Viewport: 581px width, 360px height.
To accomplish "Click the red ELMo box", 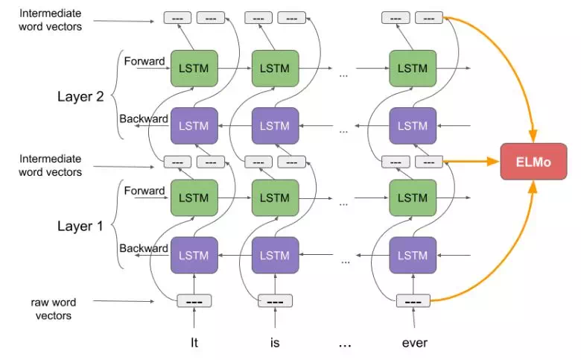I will pos(533,162).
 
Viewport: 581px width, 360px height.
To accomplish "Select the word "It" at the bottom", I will pos(194,343).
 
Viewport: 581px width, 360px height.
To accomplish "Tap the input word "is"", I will pos(275,343).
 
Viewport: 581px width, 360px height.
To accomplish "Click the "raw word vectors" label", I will pos(53,309).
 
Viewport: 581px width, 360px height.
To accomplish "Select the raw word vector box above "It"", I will pos(194,301).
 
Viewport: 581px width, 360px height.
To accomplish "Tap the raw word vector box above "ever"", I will pos(413,301).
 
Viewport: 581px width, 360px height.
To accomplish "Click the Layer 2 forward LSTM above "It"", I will pos(194,69).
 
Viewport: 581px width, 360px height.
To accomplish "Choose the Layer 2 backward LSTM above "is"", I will pos(275,126).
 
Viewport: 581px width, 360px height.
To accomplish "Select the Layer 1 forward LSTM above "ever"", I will pos(412,198).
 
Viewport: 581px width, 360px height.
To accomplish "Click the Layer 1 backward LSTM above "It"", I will pos(194,255).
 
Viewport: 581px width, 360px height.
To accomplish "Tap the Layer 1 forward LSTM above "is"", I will pos(275,198).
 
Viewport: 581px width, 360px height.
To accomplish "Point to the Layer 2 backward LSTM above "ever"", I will pos(412,126).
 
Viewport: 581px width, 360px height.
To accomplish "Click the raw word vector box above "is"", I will pos(275,301).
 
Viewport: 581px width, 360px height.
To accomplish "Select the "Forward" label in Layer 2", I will pos(144,61).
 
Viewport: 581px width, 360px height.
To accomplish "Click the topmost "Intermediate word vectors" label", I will pos(51,20).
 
